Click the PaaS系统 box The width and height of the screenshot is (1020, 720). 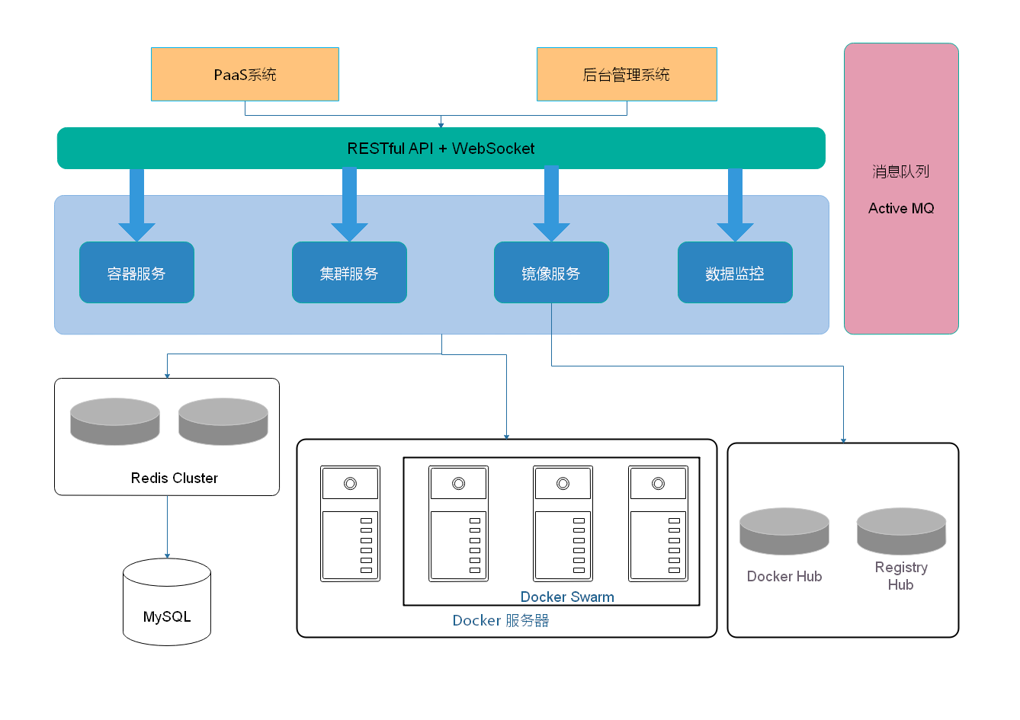pyautogui.click(x=245, y=75)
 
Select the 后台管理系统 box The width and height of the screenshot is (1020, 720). pyautogui.click(x=627, y=75)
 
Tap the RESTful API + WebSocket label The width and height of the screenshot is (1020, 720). pyautogui.click(x=441, y=149)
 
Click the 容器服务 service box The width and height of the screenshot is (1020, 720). pyautogui.click(x=136, y=273)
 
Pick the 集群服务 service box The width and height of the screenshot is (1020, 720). pyautogui.click(x=349, y=273)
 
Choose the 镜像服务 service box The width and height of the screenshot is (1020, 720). pyautogui.click(x=551, y=273)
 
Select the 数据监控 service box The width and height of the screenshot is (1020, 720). pyautogui.click(x=735, y=273)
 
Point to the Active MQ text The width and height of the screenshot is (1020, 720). pyautogui.click(x=901, y=208)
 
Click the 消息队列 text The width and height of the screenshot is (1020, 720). pyautogui.click(x=901, y=171)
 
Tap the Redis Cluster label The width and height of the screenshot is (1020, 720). pyautogui.click(x=175, y=478)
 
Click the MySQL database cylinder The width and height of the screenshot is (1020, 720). pyautogui.click(x=167, y=603)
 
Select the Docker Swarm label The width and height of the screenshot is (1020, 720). pyautogui.click(x=567, y=597)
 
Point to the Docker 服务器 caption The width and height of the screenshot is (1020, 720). pyautogui.click(x=501, y=620)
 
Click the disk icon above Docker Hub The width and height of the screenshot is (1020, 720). pyautogui.click(x=784, y=531)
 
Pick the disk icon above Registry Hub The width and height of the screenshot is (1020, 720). pyautogui.click(x=901, y=531)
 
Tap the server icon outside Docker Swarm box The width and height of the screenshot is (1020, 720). pyautogui.click(x=350, y=523)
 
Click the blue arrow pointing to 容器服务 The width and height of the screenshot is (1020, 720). pyautogui.click(x=136, y=206)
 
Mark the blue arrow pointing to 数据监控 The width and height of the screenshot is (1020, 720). pyautogui.click(x=735, y=206)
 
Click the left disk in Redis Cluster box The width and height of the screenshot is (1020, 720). pyautogui.click(x=115, y=421)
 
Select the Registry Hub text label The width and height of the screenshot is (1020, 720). pyautogui.click(x=901, y=576)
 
